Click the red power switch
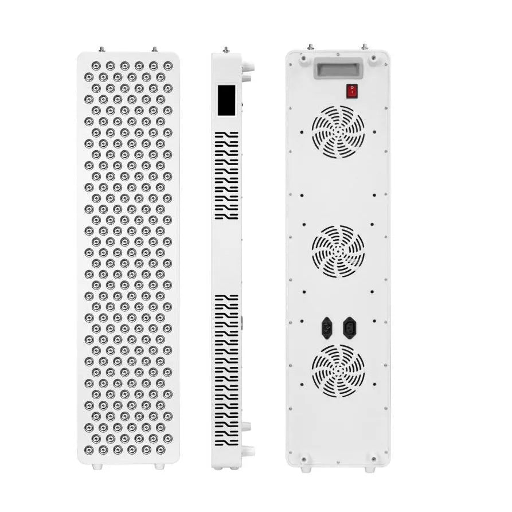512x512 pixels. pyautogui.click(x=350, y=89)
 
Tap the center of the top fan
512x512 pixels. pyautogui.click(x=338, y=132)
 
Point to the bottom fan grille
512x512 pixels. pyautogui.click(x=338, y=370)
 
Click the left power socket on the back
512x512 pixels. pyautogui.click(x=327, y=329)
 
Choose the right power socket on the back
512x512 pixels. pyautogui.click(x=349, y=329)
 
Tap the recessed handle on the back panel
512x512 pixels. pyautogui.click(x=337, y=69)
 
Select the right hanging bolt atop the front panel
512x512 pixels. pyautogui.click(x=154, y=49)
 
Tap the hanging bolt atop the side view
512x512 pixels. pyautogui.click(x=226, y=50)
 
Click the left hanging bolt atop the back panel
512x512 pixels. pyautogui.click(x=310, y=46)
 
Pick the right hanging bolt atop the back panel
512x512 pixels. pyautogui.click(x=364, y=46)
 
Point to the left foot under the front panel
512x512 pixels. pyautogui.click(x=96, y=467)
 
